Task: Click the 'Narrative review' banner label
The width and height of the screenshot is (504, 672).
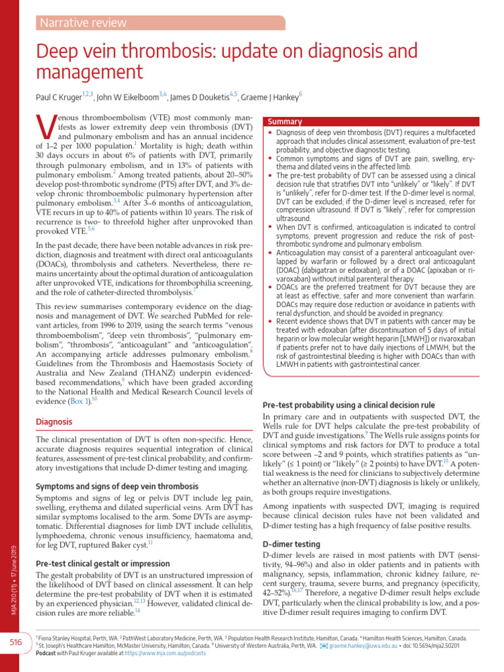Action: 83,23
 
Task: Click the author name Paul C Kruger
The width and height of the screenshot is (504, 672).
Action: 58,97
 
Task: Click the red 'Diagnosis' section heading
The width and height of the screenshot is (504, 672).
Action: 54,421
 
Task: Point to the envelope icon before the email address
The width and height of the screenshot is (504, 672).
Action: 323,646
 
